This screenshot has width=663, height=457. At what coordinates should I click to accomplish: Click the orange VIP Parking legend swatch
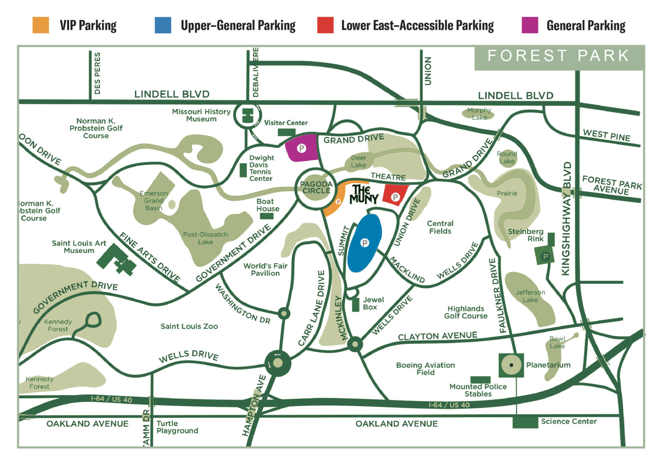click(x=41, y=25)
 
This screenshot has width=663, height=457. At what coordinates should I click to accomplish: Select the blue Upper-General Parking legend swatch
click(x=163, y=25)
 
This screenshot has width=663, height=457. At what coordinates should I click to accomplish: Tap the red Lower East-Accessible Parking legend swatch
click(x=325, y=25)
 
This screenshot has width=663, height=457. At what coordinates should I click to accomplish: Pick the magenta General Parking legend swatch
click(x=530, y=25)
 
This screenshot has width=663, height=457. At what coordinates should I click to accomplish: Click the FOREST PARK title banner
click(x=559, y=56)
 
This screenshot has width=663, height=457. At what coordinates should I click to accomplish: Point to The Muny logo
click(x=364, y=194)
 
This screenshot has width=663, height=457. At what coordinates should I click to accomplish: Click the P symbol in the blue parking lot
click(x=365, y=243)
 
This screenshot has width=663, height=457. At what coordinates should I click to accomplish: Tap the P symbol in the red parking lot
click(x=395, y=197)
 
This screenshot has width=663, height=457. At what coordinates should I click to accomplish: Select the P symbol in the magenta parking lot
click(x=302, y=148)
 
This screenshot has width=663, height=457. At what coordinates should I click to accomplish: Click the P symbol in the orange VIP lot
click(x=338, y=202)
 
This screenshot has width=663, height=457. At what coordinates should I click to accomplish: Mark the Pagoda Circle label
click(x=316, y=187)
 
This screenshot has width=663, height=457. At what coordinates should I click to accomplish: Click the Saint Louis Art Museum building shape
click(x=116, y=259)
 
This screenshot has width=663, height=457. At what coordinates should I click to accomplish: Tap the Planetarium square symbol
click(x=511, y=365)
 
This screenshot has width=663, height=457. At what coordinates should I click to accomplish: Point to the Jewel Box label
click(x=373, y=303)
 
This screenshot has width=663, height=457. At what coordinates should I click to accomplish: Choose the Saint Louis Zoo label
click(x=189, y=326)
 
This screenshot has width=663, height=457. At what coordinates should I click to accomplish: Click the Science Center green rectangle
click(x=525, y=422)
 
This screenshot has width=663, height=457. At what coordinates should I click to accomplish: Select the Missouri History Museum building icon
click(x=248, y=116)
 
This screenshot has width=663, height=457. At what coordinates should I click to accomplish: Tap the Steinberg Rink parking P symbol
click(x=546, y=257)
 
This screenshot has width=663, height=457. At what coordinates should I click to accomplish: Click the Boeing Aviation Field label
click(x=425, y=369)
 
